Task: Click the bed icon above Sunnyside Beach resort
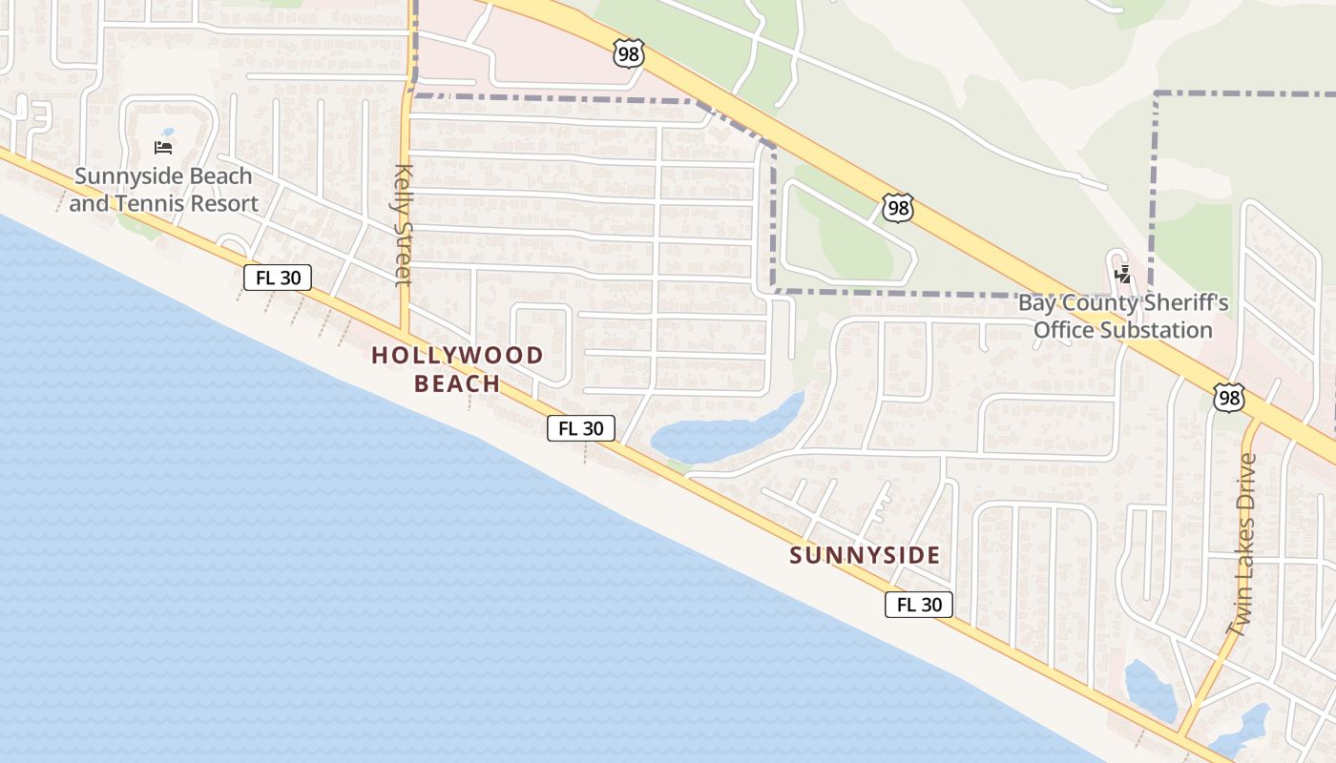163,148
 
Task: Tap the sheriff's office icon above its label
1123,276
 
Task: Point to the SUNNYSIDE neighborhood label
865,555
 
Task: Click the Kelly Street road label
403,225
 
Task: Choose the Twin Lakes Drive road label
1242,544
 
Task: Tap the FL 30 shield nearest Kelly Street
278,278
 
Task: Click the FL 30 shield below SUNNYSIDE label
919,604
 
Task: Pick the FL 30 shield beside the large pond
580,428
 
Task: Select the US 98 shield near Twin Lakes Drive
1229,398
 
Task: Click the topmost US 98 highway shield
628,54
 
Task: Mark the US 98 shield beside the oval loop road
897,208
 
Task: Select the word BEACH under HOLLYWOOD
457,383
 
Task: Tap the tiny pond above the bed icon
168,133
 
